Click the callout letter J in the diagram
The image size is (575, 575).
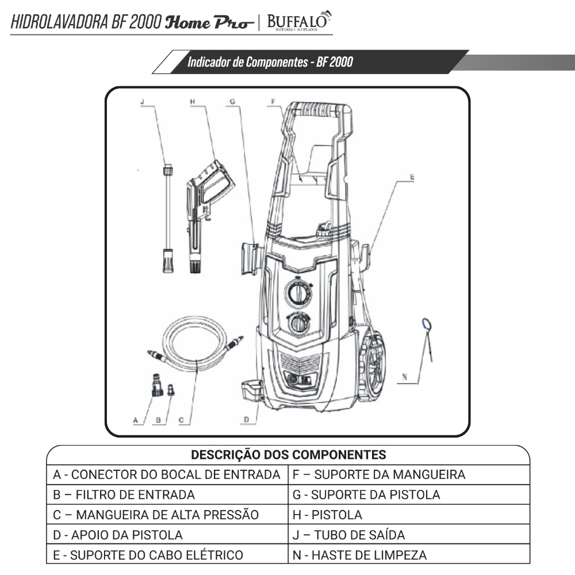tap(142, 102)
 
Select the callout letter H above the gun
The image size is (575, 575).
tap(193, 102)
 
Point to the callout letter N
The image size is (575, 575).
tap(404, 378)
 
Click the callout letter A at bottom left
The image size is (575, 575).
tap(136, 420)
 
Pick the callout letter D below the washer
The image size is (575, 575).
tap(246, 420)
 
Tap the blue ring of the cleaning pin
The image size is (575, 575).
tap(425, 325)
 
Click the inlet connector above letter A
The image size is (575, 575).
tap(156, 385)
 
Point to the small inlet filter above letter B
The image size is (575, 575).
tap(171, 391)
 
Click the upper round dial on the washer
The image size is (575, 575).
tap(298, 294)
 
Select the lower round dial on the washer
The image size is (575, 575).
tap(298, 324)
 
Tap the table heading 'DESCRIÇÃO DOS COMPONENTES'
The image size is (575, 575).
tap(288, 455)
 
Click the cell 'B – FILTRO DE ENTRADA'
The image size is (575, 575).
tap(124, 494)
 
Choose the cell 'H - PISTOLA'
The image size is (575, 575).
tap(328, 515)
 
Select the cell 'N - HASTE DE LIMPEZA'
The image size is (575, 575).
tap(360, 555)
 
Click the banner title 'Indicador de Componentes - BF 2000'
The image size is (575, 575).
tap(270, 62)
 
